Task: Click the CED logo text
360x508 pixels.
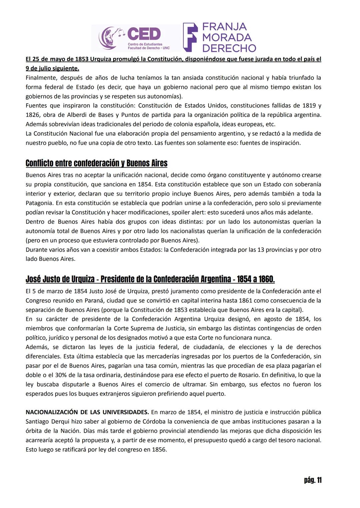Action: click(x=144, y=34)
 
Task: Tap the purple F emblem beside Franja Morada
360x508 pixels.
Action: click(x=190, y=37)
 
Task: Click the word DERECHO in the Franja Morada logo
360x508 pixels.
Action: click(x=229, y=48)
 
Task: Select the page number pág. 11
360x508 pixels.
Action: click(x=313, y=480)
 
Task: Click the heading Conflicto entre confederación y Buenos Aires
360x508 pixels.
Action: click(x=96, y=163)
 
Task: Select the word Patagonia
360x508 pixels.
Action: click(x=39, y=203)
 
